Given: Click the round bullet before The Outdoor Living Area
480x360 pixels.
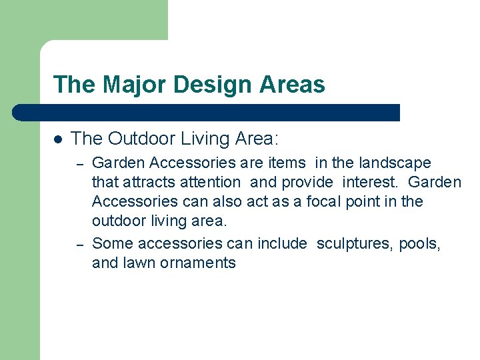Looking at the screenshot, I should point(58,139).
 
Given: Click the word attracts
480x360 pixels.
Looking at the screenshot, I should point(149,182).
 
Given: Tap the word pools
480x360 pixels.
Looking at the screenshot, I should point(419,243).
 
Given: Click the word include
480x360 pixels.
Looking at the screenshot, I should point(279,243).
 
